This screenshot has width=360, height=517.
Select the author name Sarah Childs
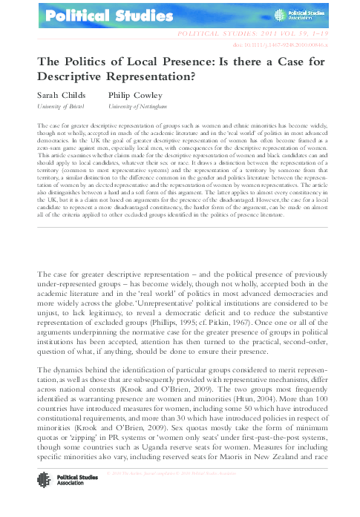(60, 96)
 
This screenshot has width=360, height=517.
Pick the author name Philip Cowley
(136, 96)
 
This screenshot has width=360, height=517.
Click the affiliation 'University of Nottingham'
(138, 107)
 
